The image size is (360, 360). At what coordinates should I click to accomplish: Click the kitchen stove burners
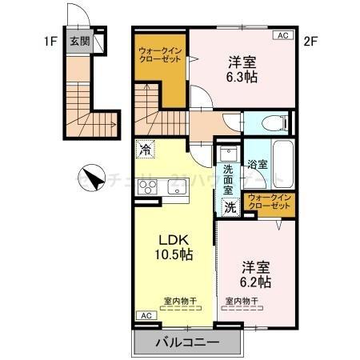coord(149,188)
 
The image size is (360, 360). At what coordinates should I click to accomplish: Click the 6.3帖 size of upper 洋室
coord(241,78)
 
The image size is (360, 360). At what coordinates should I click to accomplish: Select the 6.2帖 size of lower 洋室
coord(255,282)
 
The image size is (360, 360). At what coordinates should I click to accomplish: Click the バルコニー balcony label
coord(186,344)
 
